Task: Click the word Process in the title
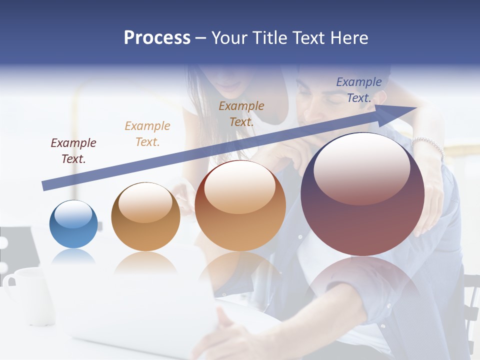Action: [x=157, y=38]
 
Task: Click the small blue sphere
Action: [x=73, y=224]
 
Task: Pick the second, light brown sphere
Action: [x=145, y=217]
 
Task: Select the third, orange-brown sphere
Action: [x=240, y=206]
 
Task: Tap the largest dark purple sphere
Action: [x=362, y=195]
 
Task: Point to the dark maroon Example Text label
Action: [x=73, y=151]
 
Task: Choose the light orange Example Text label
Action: [x=147, y=134]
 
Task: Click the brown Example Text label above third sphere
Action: [x=241, y=113]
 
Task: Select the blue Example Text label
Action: [x=359, y=90]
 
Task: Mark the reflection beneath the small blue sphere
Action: [x=73, y=257]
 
